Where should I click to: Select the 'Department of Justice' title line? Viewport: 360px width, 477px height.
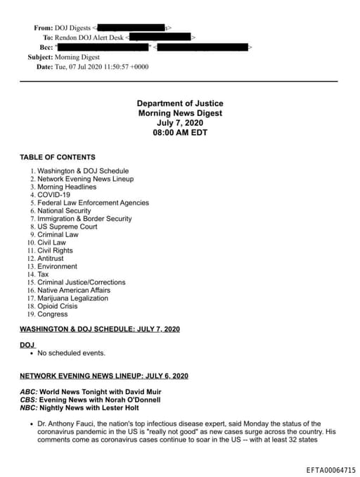coord(179,103)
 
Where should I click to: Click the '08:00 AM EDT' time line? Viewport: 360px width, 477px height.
coord(179,132)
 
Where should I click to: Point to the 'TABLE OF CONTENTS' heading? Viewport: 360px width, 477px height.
coord(58,157)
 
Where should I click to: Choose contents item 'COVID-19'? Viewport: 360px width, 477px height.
coord(53,195)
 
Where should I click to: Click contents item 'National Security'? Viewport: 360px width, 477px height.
coord(64,210)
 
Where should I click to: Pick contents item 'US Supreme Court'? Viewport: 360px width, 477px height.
coord(67,227)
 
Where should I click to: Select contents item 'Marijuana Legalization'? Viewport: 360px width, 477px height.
coord(73,298)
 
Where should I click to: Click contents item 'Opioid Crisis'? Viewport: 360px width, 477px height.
coord(58,306)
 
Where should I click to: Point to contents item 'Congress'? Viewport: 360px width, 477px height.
coord(53,314)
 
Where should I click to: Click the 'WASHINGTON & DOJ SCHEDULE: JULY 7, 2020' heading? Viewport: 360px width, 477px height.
coord(100,329)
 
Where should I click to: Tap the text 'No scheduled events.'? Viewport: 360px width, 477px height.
coord(71,352)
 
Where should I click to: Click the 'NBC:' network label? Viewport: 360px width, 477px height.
coord(28,407)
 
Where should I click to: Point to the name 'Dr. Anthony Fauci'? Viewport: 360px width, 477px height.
coord(67,424)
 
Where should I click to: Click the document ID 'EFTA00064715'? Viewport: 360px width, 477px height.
coord(330,469)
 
